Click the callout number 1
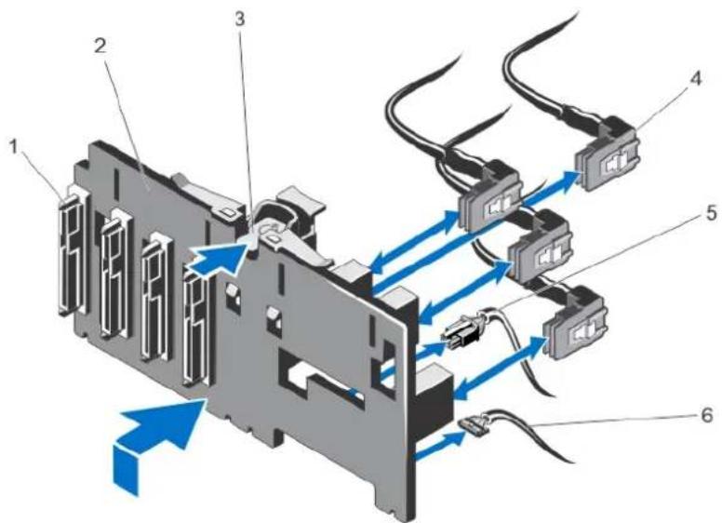pos(15,147)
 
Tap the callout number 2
pos(100,46)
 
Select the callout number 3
pos(240,19)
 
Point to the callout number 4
pos(696,79)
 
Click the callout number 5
pos(711,214)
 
